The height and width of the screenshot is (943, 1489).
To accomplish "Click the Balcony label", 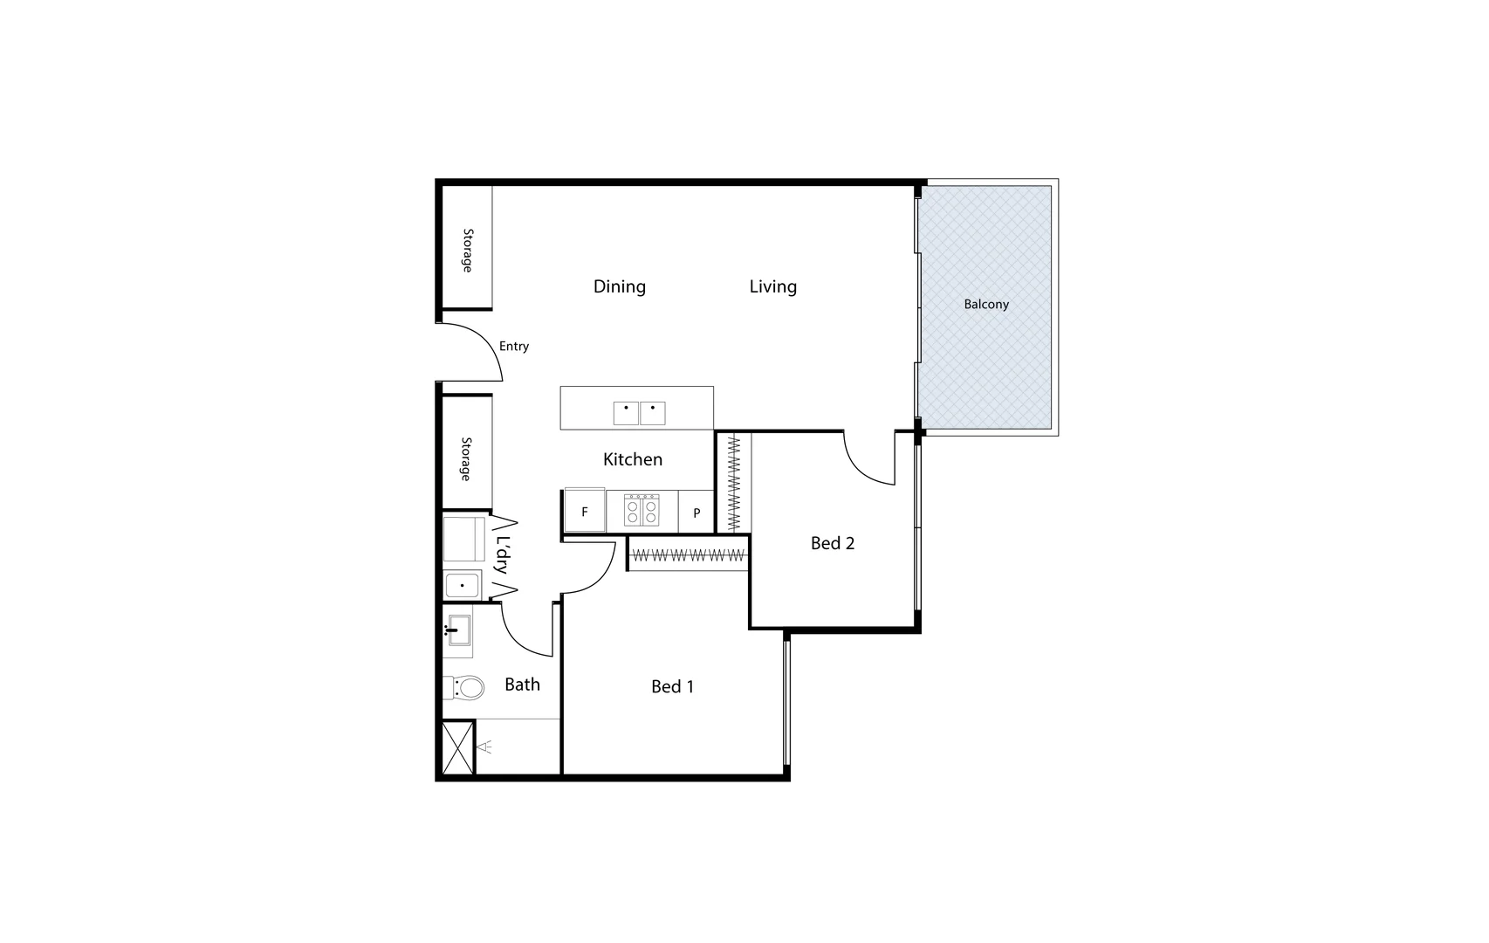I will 986,305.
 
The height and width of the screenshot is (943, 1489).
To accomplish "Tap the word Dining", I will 620,286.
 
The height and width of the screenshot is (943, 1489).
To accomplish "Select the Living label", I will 772,286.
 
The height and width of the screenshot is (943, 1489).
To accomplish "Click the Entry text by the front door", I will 514,347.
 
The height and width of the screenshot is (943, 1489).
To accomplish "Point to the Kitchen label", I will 633,459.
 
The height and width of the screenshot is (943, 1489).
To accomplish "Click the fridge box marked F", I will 585,512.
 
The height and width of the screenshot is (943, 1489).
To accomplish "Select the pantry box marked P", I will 696,513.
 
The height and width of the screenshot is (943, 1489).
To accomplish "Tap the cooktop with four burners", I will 642,510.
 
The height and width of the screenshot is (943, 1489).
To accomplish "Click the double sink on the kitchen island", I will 639,413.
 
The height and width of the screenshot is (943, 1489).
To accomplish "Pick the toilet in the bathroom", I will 464,688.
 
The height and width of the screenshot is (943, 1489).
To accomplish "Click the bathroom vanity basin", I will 458,630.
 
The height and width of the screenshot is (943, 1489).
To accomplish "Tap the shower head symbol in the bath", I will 486,747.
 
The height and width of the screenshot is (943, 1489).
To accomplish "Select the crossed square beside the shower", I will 457,747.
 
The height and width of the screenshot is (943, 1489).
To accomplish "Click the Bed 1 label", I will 672,687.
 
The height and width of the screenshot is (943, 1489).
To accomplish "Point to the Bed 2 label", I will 832,543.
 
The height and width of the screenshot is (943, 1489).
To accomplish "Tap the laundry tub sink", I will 462,585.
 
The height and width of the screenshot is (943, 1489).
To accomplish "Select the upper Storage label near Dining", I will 468,251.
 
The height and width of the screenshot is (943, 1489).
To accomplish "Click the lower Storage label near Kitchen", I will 466,459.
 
